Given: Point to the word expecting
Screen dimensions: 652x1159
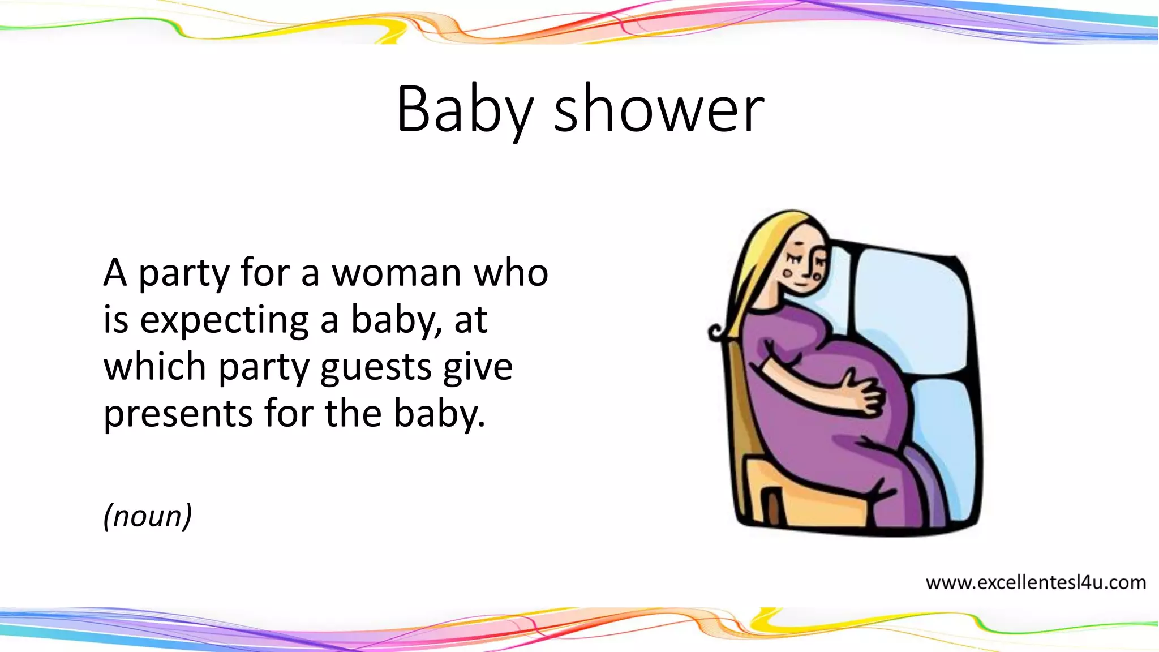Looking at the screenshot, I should pyautogui.click(x=224, y=321).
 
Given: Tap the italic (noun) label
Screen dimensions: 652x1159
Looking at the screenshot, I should pyautogui.click(x=148, y=516).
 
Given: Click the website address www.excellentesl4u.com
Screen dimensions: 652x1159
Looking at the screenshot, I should pyautogui.click(x=1036, y=582).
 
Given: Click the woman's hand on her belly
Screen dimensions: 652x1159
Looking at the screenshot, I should pyautogui.click(x=862, y=393).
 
